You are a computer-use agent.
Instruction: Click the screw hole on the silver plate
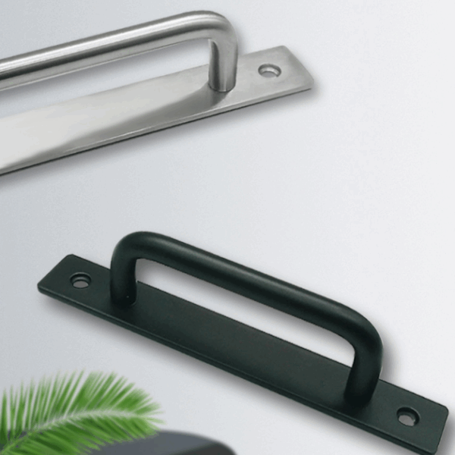[269, 71]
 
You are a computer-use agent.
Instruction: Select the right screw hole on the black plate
[407, 416]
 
